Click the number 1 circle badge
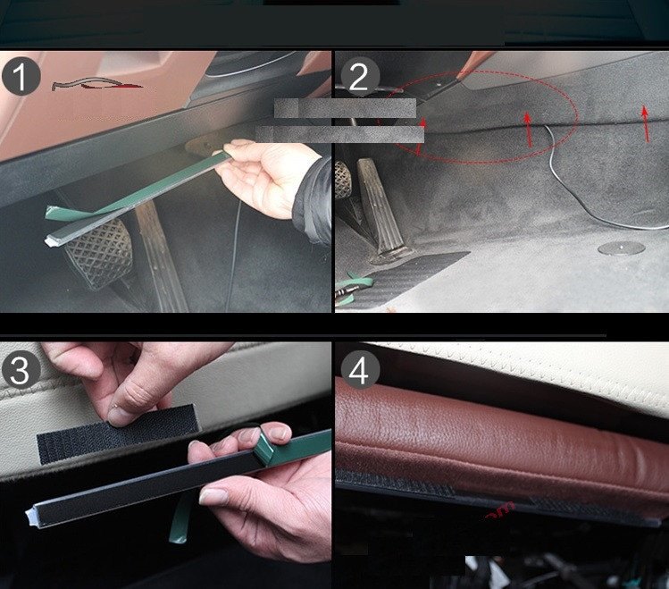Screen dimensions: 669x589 click(x=21, y=76)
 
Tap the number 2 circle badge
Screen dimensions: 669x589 click(x=359, y=77)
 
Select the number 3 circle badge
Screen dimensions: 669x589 click(x=21, y=370)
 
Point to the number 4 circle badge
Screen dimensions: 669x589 click(x=360, y=370)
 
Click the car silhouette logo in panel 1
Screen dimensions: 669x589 click(x=96, y=84)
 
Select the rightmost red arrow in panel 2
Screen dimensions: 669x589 click(x=646, y=123)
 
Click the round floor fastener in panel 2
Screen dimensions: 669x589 click(x=621, y=248)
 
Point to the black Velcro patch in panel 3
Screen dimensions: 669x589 click(x=117, y=433)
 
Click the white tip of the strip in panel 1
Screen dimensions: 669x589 click(x=51, y=241)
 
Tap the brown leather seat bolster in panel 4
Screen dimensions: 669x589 click(x=499, y=452)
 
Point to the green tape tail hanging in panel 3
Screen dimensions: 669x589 click(x=180, y=518)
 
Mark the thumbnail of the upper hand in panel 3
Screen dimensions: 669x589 click(x=117, y=416)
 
